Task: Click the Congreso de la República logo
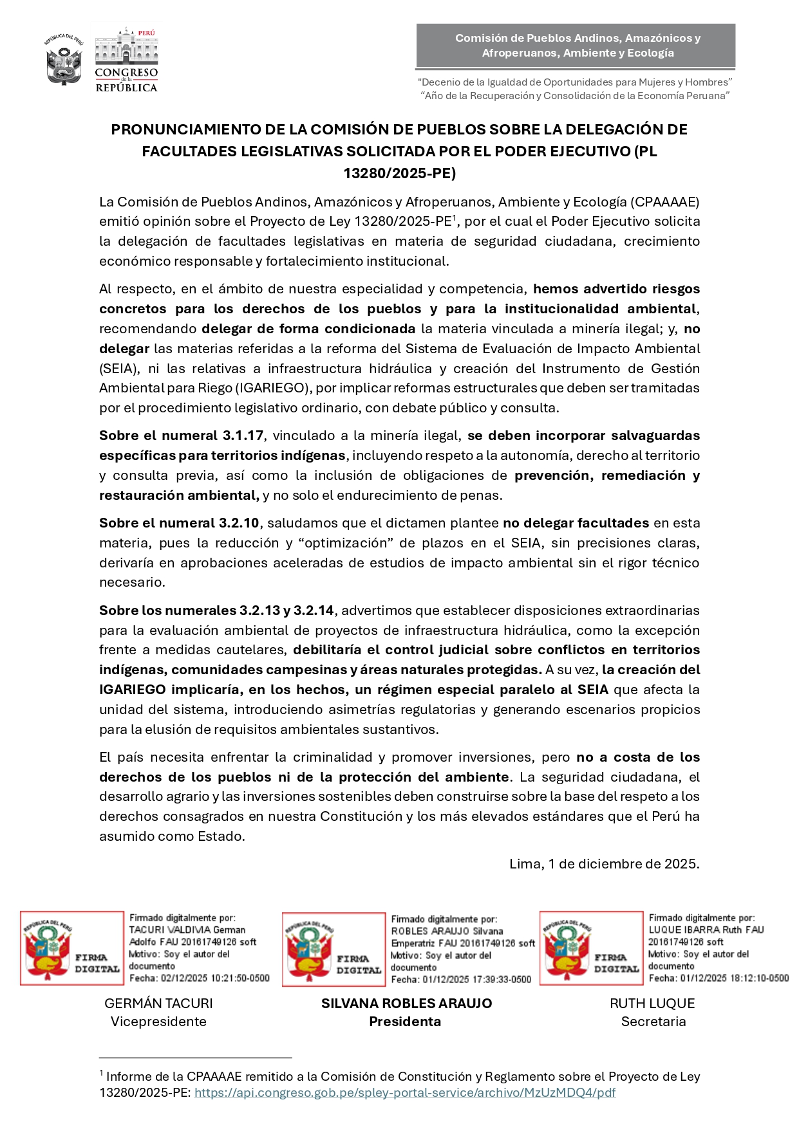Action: click(x=126, y=60)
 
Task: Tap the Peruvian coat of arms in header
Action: click(x=64, y=61)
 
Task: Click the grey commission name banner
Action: click(x=576, y=46)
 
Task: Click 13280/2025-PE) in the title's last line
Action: click(x=399, y=173)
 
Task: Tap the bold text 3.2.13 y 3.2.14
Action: click(x=287, y=610)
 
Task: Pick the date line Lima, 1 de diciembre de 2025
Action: click(x=604, y=864)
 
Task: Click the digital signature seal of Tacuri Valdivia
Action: click(x=71, y=948)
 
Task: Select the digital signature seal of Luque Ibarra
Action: click(x=591, y=948)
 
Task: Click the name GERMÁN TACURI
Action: click(x=158, y=1004)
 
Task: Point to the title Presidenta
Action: click(x=405, y=1022)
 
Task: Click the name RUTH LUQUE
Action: click(x=652, y=1004)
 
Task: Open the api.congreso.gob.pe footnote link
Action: click(x=405, y=1093)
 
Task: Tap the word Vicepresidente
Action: click(x=158, y=1022)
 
